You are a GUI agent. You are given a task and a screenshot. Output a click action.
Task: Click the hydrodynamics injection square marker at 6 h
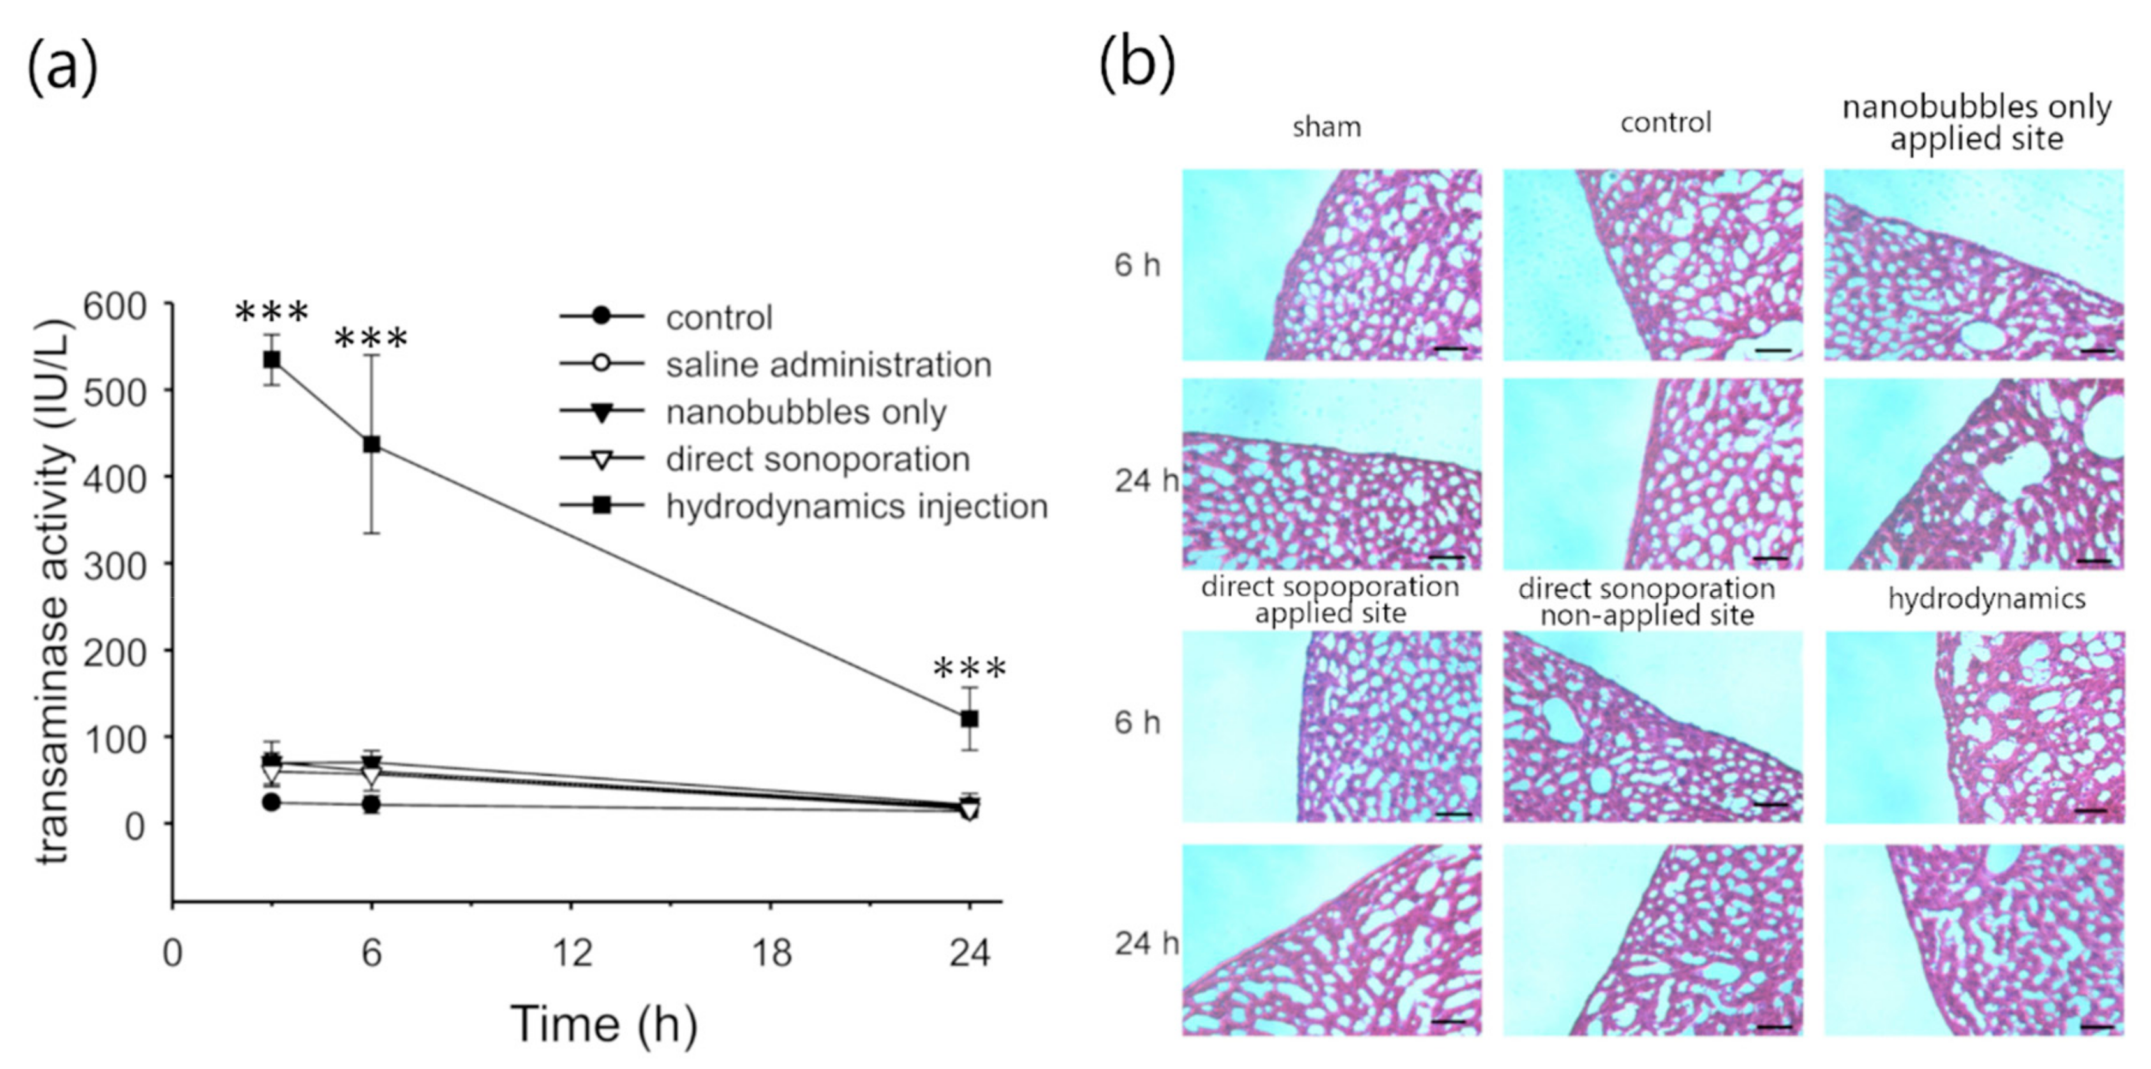tap(372, 445)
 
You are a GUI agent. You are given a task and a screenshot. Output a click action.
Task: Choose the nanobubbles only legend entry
tap(805, 412)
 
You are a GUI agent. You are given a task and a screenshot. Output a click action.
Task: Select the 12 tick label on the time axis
tap(573, 954)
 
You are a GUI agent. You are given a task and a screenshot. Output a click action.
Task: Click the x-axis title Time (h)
tap(603, 1024)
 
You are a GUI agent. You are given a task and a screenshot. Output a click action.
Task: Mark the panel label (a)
tap(63, 68)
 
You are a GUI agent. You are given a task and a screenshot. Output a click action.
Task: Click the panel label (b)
tap(1137, 65)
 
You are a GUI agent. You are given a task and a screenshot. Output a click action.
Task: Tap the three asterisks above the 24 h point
tap(970, 669)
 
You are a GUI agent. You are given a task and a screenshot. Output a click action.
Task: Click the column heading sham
tap(1326, 127)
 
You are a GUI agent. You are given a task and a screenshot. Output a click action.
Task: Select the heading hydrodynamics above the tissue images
tap(1986, 599)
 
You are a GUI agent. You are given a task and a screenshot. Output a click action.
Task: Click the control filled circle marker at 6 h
tap(372, 805)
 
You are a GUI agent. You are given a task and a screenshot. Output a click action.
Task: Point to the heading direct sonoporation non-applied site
tap(1646, 601)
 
